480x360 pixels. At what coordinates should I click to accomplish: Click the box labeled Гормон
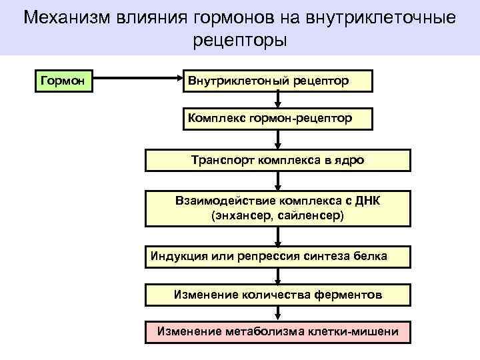tap(63, 81)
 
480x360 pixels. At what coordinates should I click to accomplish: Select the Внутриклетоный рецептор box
tap(277, 81)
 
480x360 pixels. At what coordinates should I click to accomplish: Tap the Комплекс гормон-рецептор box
tap(277, 118)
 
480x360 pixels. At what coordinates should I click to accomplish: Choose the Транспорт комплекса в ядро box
tap(277, 160)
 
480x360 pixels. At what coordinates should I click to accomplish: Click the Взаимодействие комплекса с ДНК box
tap(277, 209)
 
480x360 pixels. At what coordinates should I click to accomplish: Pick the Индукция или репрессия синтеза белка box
tap(277, 256)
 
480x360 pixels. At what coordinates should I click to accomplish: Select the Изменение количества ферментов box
tap(277, 294)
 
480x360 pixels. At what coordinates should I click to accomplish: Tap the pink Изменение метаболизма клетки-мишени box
tap(277, 331)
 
